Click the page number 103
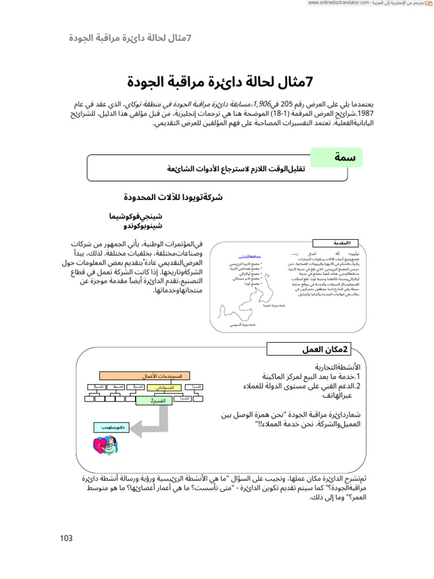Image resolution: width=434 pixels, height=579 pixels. click(x=66, y=538)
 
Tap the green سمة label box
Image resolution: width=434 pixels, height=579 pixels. click(x=337, y=158)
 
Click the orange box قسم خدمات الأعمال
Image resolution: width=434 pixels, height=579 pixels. click(x=145, y=375)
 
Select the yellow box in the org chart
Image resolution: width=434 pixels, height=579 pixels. click(x=157, y=388)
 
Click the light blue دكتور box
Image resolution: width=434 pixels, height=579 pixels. click(x=110, y=428)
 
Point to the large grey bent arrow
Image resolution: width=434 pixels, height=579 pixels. click(x=153, y=421)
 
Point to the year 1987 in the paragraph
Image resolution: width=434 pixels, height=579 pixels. click(x=81, y=114)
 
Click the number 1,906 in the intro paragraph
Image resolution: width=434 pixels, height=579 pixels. click(x=263, y=105)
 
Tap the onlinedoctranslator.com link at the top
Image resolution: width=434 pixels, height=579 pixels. click(x=338, y=3)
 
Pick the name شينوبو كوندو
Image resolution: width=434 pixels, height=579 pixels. click(x=142, y=226)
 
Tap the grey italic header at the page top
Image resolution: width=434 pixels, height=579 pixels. click(x=130, y=38)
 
